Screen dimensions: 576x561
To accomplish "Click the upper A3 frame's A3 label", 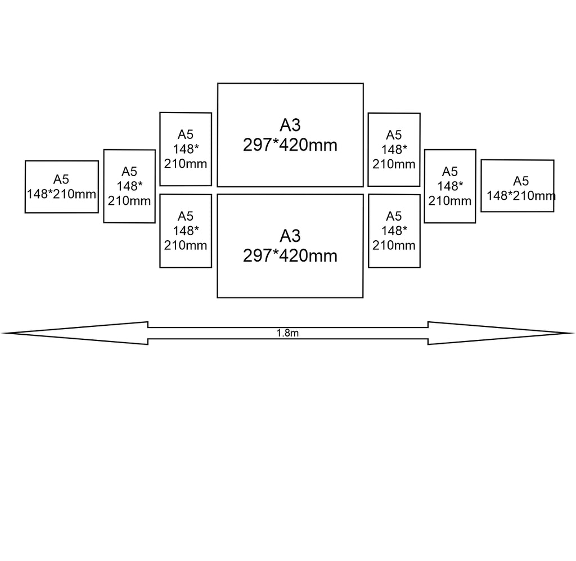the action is click(290, 125).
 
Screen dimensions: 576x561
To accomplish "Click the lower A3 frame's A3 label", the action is click(290, 236).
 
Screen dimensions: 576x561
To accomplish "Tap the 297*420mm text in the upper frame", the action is click(290, 145).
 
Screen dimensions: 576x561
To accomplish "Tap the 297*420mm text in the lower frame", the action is click(290, 255).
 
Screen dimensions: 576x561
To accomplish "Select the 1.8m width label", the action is click(287, 333).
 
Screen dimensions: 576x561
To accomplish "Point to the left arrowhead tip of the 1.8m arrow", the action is click(2, 333).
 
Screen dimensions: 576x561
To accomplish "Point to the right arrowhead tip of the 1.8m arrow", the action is click(574, 333).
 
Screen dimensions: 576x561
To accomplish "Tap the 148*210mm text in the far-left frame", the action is click(61, 194).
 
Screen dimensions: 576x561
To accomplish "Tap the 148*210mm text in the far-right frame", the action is click(521, 195).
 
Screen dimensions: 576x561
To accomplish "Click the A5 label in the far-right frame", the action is click(521, 181).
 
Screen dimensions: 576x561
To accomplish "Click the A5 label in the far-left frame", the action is click(61, 179).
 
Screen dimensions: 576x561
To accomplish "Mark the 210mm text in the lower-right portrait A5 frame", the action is click(394, 245).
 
